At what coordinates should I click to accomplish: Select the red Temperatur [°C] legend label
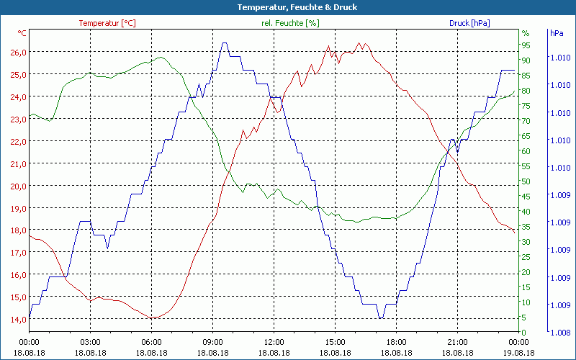107,23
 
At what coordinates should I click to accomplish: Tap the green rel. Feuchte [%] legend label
289,23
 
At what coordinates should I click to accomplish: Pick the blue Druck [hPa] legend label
469,23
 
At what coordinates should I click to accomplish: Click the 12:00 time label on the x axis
274,343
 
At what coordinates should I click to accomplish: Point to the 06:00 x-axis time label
152,343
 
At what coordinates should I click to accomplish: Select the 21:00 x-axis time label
457,343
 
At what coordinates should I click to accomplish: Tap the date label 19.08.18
518,353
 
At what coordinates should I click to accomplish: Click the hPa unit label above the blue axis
557,33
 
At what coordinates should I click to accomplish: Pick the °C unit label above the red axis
22,33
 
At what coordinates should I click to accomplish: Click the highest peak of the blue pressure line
225,43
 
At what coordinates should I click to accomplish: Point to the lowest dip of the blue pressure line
380,318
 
